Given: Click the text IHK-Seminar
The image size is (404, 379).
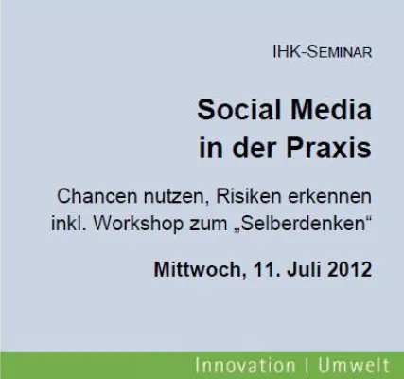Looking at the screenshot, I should (x=322, y=52).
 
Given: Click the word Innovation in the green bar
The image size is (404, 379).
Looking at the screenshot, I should (x=242, y=365).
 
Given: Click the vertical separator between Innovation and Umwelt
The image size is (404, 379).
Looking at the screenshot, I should (x=300, y=365).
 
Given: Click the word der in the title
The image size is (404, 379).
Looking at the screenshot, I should (x=244, y=149).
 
